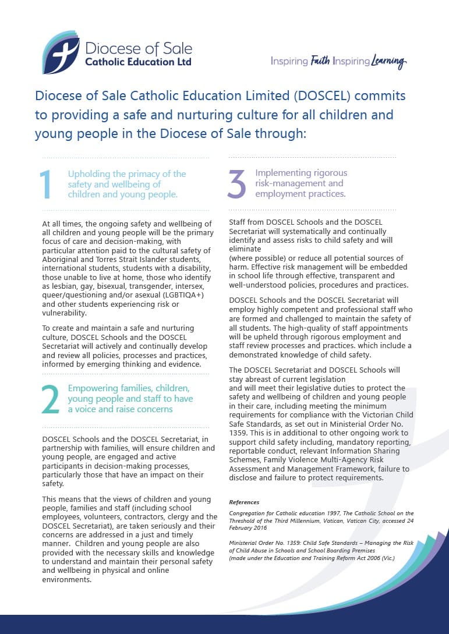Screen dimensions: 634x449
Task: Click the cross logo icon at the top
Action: [x=61, y=52]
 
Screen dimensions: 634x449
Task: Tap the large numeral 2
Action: [x=51, y=399]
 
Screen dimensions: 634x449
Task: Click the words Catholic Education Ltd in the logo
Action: [x=138, y=62]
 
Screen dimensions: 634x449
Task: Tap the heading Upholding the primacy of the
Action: [x=127, y=173]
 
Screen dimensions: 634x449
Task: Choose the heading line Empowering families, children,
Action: [x=129, y=388]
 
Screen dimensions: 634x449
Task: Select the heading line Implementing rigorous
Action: [x=301, y=172]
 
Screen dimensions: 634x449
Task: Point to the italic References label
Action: [x=244, y=502]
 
